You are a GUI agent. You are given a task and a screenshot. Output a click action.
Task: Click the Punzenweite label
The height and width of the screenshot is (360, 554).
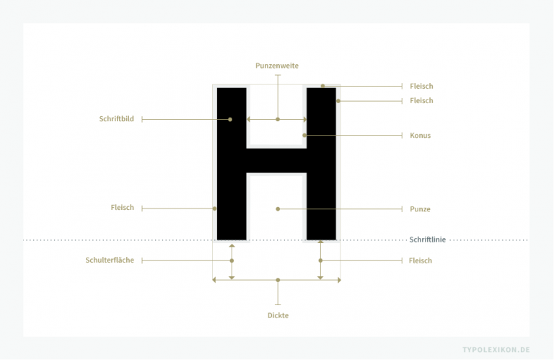click(277, 66)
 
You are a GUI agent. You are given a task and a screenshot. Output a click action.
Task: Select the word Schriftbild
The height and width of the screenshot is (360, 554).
click(117, 119)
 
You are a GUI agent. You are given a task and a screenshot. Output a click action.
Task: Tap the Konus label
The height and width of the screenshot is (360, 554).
click(420, 136)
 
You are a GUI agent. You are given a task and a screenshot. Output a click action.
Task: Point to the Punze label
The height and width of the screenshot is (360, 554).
click(420, 209)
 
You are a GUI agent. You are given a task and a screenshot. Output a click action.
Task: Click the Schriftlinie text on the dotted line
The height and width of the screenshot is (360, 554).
click(428, 240)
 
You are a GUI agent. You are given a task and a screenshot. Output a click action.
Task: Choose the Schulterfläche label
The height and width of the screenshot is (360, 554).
click(110, 260)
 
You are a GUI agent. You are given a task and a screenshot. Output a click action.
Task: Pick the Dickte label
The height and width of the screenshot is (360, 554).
click(278, 315)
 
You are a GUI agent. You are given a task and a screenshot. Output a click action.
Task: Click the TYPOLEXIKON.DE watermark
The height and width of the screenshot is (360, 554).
click(496, 350)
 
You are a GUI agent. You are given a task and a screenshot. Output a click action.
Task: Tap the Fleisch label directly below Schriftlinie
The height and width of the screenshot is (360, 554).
click(421, 260)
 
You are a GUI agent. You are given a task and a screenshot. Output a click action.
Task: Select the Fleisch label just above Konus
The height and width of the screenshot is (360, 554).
click(421, 101)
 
